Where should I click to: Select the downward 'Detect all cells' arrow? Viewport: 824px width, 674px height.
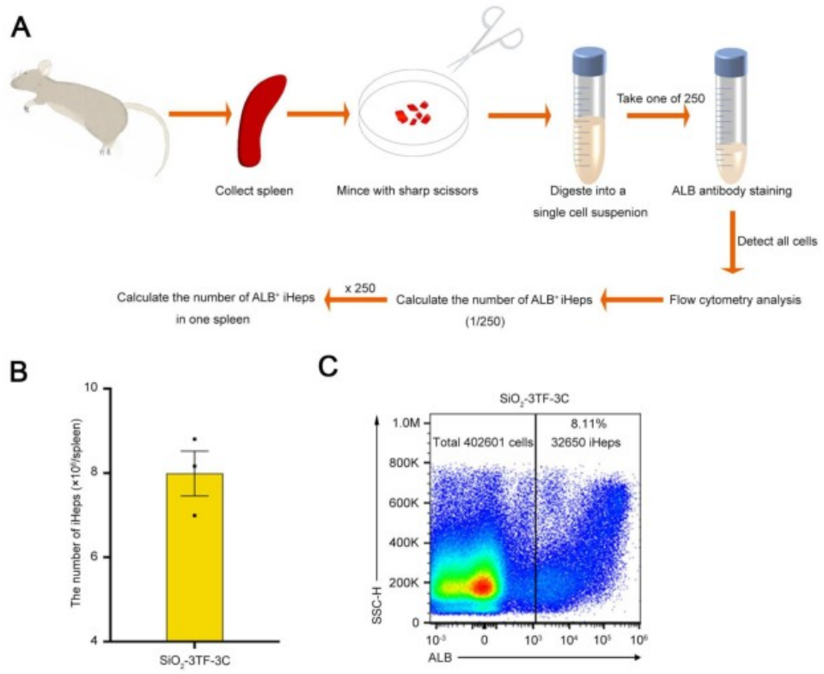point(730,246)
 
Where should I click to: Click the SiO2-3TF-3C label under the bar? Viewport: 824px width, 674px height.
point(194,662)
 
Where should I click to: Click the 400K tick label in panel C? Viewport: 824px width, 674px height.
point(409,543)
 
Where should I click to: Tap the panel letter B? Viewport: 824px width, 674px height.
point(19,373)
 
